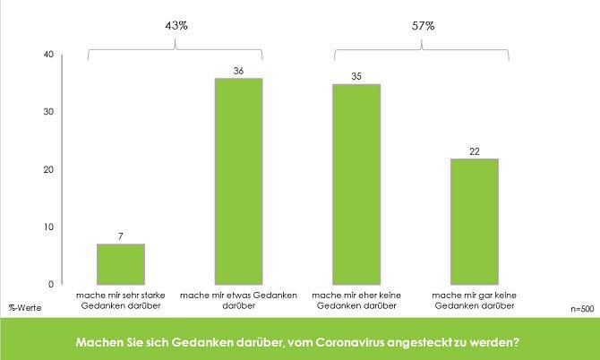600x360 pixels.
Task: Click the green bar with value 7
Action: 120,263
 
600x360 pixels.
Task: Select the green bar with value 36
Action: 238,181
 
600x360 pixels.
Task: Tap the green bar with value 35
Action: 356,184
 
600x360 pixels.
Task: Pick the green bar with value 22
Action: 475,221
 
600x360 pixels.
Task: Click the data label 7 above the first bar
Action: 120,236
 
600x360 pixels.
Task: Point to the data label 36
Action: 238,70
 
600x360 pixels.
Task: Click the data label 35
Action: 356,76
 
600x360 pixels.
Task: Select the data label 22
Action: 475,150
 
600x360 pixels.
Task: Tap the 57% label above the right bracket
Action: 423,26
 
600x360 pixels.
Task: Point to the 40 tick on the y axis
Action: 48,55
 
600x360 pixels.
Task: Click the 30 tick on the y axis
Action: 48,112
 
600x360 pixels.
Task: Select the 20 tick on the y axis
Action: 48,169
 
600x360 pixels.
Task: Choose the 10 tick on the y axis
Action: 48,227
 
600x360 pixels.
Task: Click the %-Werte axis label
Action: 25,307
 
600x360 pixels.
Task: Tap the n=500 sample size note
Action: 582,307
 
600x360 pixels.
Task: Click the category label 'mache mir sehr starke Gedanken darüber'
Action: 120,300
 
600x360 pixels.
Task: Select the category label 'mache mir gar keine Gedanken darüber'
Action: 475,300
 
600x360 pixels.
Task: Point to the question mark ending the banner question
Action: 520,341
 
